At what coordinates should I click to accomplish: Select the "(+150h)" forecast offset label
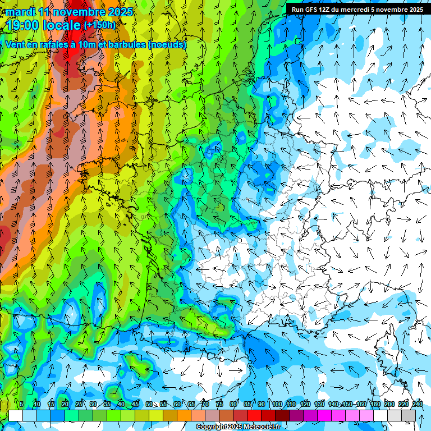pyautogui.click(x=100, y=25)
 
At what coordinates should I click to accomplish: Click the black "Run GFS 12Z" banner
pyautogui.click(x=357, y=9)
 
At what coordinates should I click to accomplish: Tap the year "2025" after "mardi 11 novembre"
pyautogui.click(x=119, y=12)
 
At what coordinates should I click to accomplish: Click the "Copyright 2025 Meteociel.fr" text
pyautogui.click(x=238, y=427)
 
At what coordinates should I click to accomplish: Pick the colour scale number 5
pyautogui.click(x=21, y=404)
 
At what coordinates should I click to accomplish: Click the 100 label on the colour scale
pyautogui.click(x=277, y=404)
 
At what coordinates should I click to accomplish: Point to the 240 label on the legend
pyautogui.click(x=418, y=404)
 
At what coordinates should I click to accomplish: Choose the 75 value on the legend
pyautogui.click(x=219, y=404)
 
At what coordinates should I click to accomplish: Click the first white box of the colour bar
pyautogui.click(x=16, y=415)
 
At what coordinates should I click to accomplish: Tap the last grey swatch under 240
pyautogui.click(x=409, y=415)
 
